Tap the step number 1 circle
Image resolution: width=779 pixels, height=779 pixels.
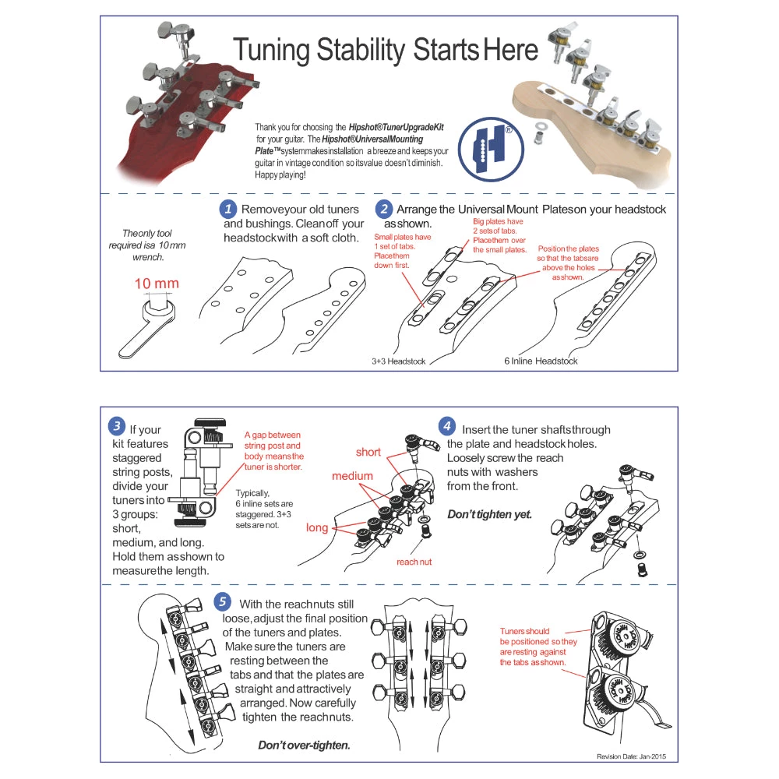tap(227, 209)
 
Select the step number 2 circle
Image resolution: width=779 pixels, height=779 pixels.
tap(383, 209)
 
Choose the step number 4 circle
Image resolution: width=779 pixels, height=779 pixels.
tap(446, 426)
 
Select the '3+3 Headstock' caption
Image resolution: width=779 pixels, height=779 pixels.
tap(399, 361)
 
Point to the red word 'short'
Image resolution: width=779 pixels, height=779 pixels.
tap(368, 452)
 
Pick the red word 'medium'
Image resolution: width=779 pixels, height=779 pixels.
tap(352, 475)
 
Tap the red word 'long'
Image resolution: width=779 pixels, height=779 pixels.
tap(317, 527)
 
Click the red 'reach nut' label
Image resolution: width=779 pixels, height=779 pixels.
tap(414, 561)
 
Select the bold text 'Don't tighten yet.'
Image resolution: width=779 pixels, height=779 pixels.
tap(488, 515)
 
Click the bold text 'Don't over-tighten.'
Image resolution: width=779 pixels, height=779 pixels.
tap(304, 745)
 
